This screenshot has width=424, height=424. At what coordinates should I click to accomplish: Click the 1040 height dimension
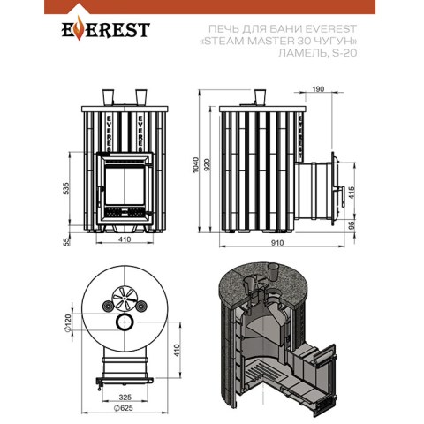(196, 165)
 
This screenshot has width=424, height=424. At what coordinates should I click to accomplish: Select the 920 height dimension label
(208, 165)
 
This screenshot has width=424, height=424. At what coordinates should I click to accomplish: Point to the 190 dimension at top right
(318, 89)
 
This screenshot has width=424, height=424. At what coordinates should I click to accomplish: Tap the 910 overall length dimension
(277, 243)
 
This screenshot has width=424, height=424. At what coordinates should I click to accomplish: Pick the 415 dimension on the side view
(352, 193)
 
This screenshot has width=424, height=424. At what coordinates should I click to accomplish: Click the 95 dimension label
(352, 226)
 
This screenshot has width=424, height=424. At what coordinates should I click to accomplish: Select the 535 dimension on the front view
(67, 188)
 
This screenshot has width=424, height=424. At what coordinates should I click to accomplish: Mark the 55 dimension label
(67, 241)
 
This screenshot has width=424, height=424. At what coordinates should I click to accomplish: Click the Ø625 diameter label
(123, 408)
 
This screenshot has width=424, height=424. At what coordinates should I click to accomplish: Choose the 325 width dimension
(125, 397)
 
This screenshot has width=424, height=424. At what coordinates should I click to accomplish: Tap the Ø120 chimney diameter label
(68, 324)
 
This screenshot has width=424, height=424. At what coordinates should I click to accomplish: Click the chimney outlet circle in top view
(125, 322)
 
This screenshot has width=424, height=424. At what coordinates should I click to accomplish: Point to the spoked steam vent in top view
(124, 298)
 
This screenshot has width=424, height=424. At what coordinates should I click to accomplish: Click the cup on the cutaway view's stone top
(274, 272)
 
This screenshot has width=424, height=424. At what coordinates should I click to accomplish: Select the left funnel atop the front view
(108, 97)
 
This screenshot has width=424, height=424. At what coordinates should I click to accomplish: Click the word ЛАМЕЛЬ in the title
(301, 53)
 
